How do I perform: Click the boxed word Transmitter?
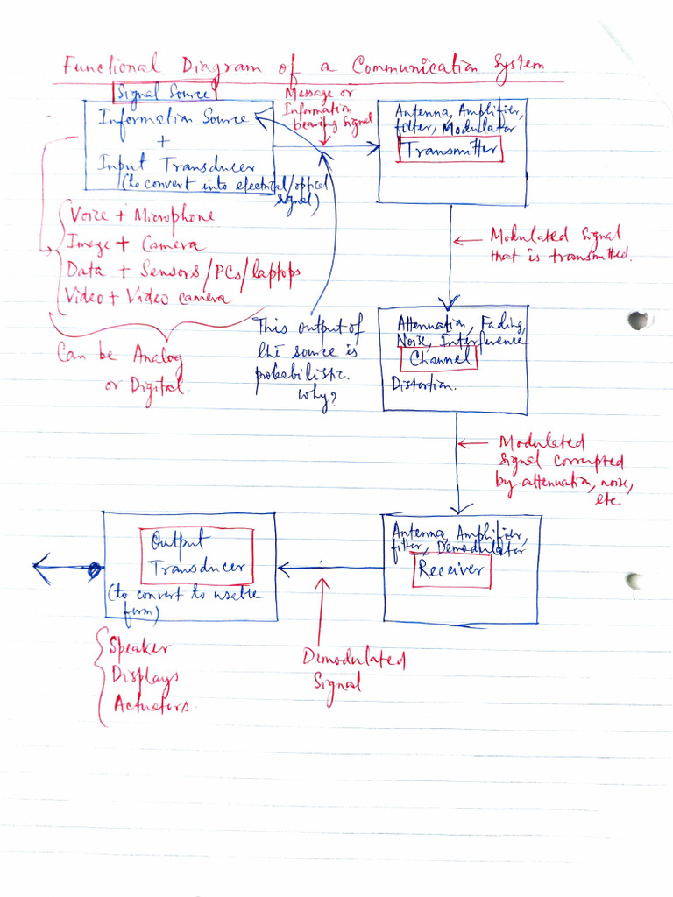point(450,150)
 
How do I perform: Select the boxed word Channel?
point(439,357)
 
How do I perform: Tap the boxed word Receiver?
point(450,570)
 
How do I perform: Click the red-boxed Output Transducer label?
point(196,554)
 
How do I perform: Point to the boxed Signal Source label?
point(165,92)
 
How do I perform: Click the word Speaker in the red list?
point(140,648)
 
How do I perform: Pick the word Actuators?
point(151,704)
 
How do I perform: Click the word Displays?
point(145,676)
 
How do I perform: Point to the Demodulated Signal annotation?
point(353,670)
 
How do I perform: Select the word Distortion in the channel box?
point(423,385)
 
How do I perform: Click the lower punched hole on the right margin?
point(633,580)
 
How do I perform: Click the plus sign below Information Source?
point(166,141)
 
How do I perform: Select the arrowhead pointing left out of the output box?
point(41,569)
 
